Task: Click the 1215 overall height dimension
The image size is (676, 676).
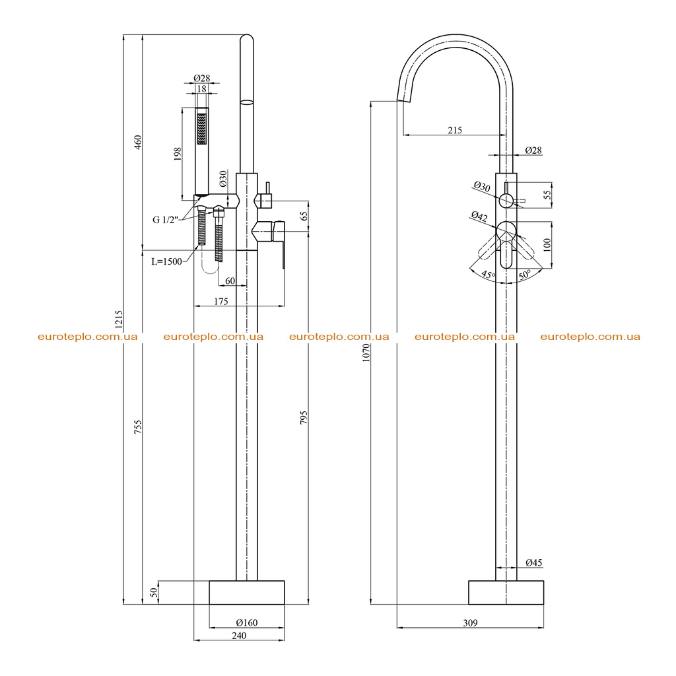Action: point(119,318)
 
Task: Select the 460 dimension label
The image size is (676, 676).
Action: point(138,142)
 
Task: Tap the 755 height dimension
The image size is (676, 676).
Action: point(138,426)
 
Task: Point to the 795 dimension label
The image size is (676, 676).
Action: point(304,417)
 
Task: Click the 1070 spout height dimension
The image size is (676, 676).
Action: point(366,353)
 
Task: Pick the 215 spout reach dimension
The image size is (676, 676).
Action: point(455,130)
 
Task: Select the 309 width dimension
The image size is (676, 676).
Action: point(470,623)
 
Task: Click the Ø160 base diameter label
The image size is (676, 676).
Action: point(247,623)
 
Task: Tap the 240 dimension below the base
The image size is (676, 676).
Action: point(239,636)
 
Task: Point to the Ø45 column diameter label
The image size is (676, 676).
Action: point(533,562)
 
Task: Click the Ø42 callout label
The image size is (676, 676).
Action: point(479,216)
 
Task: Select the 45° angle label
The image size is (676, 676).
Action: point(488,274)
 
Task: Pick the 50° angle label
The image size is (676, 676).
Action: point(525,275)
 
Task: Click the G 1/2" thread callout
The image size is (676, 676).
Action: point(165,220)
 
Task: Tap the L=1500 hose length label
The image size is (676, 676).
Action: point(166,261)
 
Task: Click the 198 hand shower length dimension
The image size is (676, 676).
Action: point(178,154)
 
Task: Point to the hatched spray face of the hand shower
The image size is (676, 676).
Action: point(202,129)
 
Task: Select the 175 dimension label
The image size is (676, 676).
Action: point(221,301)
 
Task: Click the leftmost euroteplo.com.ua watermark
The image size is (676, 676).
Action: point(88,337)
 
